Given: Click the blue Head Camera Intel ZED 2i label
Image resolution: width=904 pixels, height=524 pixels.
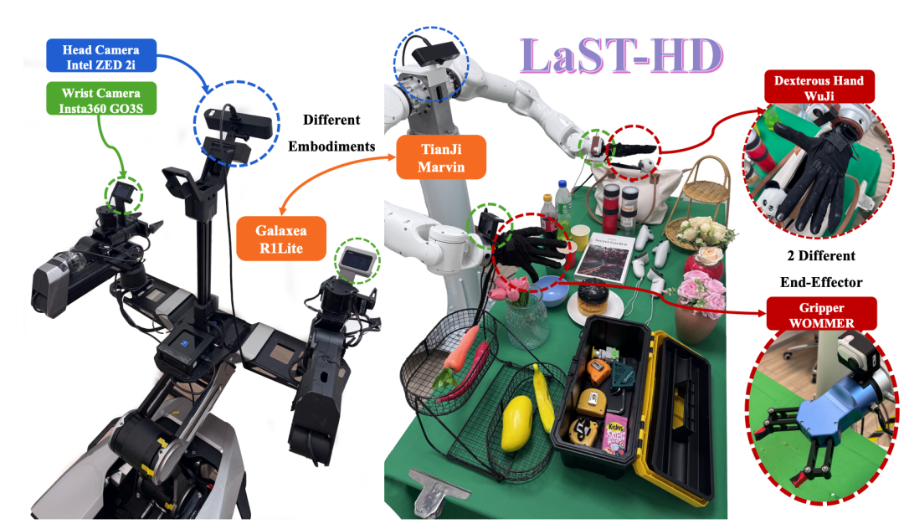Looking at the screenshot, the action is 101,56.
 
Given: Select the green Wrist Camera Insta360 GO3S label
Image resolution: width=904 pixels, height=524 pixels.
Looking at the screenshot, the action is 101,99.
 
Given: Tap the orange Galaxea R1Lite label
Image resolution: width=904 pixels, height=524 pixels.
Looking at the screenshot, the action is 280,239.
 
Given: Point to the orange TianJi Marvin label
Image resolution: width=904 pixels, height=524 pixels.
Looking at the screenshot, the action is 441,157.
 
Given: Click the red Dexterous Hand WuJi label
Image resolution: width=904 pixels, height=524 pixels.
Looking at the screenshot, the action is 819,87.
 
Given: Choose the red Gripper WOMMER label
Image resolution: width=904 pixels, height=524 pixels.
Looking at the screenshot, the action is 822,315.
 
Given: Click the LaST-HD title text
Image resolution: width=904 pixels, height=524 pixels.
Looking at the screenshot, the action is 621,56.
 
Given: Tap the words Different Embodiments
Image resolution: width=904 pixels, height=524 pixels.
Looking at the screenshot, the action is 331,133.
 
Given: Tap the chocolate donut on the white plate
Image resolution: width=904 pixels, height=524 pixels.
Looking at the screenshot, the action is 593,295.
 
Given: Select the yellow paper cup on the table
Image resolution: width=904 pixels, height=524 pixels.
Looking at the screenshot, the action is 581,238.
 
